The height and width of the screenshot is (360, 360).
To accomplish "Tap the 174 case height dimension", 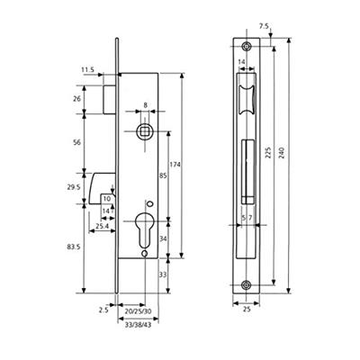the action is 175,165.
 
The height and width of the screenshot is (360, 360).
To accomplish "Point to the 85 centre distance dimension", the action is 163,175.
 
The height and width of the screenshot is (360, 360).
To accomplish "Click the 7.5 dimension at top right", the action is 264,26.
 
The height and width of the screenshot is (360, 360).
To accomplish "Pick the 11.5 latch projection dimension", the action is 87,69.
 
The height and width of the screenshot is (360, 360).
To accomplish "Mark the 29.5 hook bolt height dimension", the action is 75,187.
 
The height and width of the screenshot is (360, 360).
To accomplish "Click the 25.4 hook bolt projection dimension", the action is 102,226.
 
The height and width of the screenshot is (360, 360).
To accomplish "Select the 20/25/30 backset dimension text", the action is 138,311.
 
